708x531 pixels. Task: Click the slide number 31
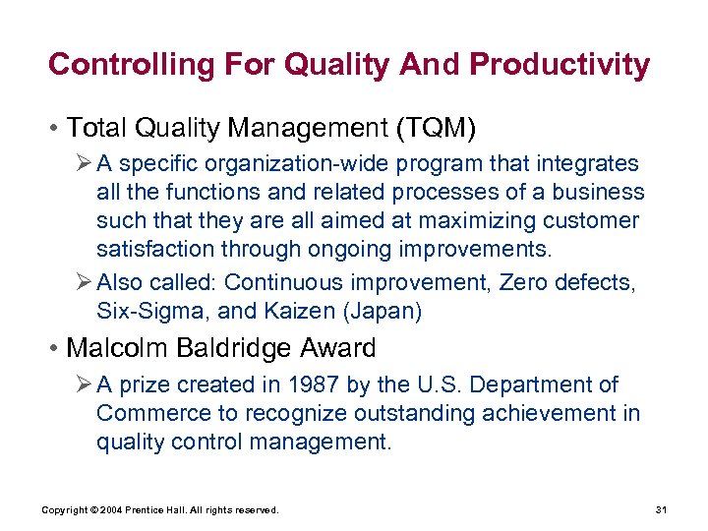(x=661, y=509)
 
